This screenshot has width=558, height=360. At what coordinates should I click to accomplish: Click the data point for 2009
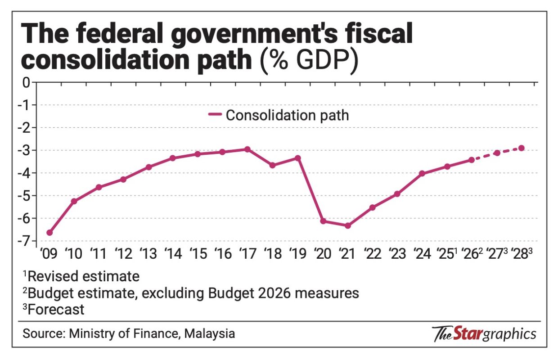[49, 233]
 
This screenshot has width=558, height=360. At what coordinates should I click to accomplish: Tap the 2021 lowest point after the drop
[348, 225]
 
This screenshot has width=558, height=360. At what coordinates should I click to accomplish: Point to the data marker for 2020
[323, 221]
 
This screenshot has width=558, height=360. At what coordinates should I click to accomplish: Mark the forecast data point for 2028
[522, 148]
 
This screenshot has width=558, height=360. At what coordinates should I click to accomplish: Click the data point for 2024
[422, 173]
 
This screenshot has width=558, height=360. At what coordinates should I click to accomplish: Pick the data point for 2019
[297, 158]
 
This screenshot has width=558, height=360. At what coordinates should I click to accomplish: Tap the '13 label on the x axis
[149, 254]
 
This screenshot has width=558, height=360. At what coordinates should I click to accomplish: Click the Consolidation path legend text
[287, 115]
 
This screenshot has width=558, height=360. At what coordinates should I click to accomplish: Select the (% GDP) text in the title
[308, 63]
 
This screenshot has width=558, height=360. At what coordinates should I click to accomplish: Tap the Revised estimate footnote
[81, 275]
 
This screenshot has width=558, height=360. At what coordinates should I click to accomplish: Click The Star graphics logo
[484, 334]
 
